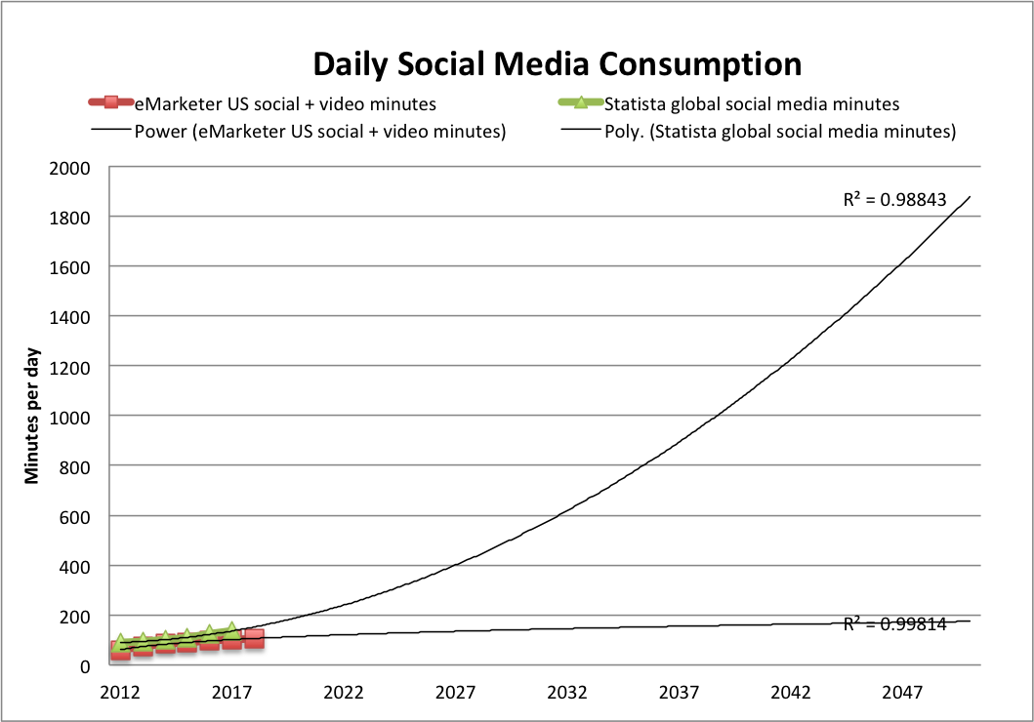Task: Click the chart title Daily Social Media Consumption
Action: [x=558, y=64]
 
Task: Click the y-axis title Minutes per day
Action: [x=31, y=415]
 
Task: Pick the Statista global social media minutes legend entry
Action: [x=751, y=103]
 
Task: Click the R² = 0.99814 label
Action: [x=894, y=624]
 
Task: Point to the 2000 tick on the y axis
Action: [x=69, y=167]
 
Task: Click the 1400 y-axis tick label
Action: [x=69, y=316]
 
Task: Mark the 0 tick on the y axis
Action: [x=85, y=666]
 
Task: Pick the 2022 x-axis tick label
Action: [x=344, y=693]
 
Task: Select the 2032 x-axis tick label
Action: [x=567, y=693]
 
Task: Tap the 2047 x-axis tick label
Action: [x=903, y=693]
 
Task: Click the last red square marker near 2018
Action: [x=254, y=638]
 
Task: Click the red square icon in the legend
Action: [x=111, y=102]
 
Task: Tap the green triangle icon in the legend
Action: [x=581, y=102]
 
